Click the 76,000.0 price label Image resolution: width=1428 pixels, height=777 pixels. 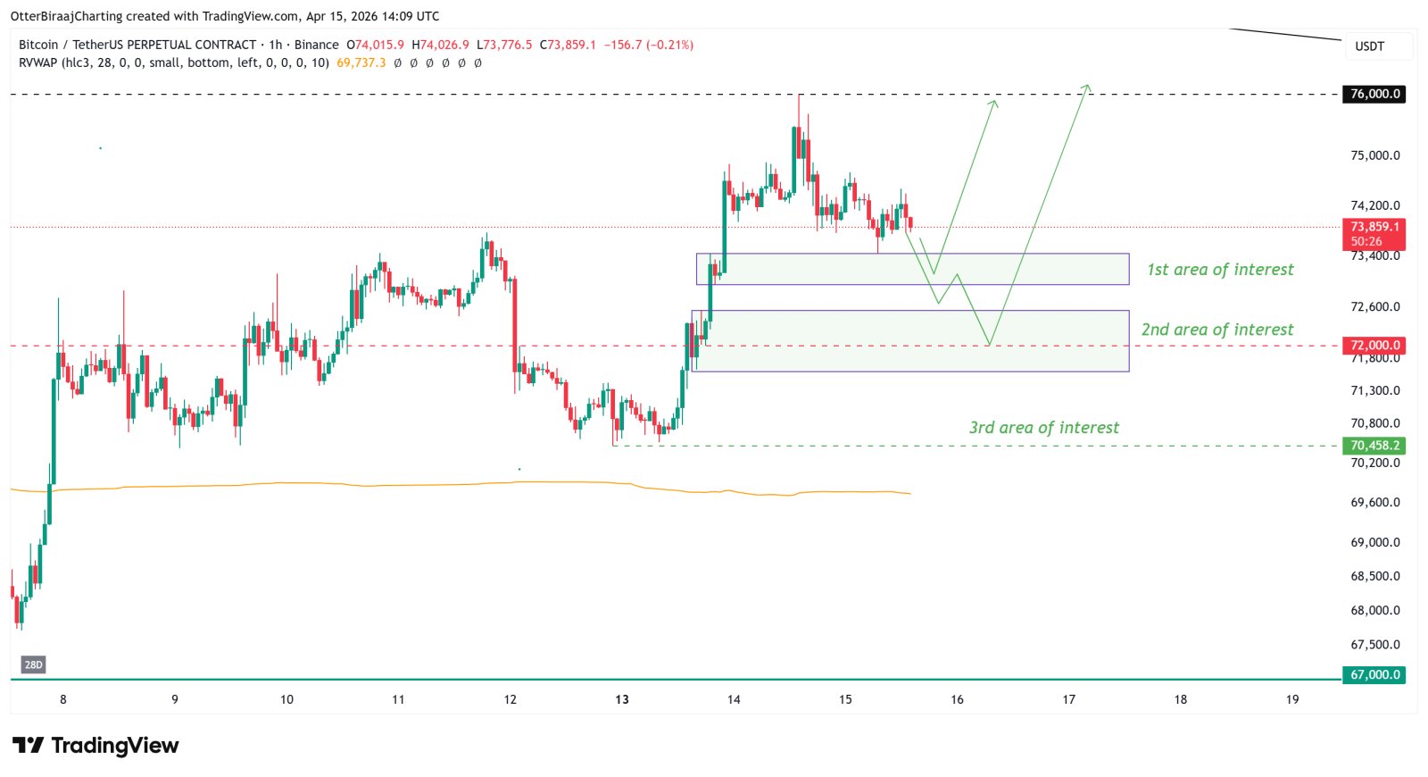coord(1374,94)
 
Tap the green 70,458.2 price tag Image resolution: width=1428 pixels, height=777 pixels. coord(1374,445)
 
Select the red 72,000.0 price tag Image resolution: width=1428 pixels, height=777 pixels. coord(1374,345)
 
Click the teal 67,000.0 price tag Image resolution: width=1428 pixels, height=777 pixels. coord(1374,674)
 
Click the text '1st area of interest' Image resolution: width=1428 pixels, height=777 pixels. coord(1220,270)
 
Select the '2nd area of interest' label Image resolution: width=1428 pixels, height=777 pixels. coord(1217,330)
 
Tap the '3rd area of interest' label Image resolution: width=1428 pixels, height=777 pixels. coord(1043,428)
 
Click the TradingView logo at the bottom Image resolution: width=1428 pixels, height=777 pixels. coord(95,745)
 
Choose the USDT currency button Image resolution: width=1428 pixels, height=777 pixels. coord(1369,46)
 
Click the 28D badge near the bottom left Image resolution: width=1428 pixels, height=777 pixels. coord(33,664)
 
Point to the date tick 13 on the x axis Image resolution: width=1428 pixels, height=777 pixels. coord(622,699)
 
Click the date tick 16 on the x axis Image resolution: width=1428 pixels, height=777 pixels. coord(957,699)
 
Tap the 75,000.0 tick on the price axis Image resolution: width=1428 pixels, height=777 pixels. coord(1374,155)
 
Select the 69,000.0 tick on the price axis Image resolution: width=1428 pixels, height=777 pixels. coord(1374,542)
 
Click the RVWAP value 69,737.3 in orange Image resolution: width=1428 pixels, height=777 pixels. coord(361,63)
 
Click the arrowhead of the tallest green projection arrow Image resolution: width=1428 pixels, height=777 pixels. coord(1087,87)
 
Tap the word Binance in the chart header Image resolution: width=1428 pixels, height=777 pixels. coord(316,45)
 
